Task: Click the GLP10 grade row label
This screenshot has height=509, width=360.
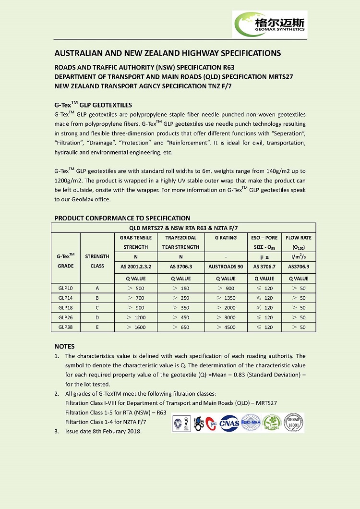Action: [65, 288]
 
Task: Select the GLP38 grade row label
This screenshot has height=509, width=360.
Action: [65, 327]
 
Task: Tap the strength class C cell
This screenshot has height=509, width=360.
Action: [97, 308]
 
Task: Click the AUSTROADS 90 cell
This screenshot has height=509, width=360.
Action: [226, 266]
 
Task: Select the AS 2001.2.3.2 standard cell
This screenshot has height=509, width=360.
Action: [136, 266]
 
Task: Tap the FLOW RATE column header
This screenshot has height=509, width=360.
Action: [299, 242]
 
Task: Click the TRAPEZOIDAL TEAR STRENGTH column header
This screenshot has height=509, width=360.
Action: [181, 242]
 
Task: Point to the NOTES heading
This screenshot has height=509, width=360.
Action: [64, 346]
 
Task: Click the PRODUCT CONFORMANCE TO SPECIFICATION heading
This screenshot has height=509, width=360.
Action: [122, 218]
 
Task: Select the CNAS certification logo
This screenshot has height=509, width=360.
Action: [229, 423]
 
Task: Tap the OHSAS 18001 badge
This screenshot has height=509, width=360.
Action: [292, 422]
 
